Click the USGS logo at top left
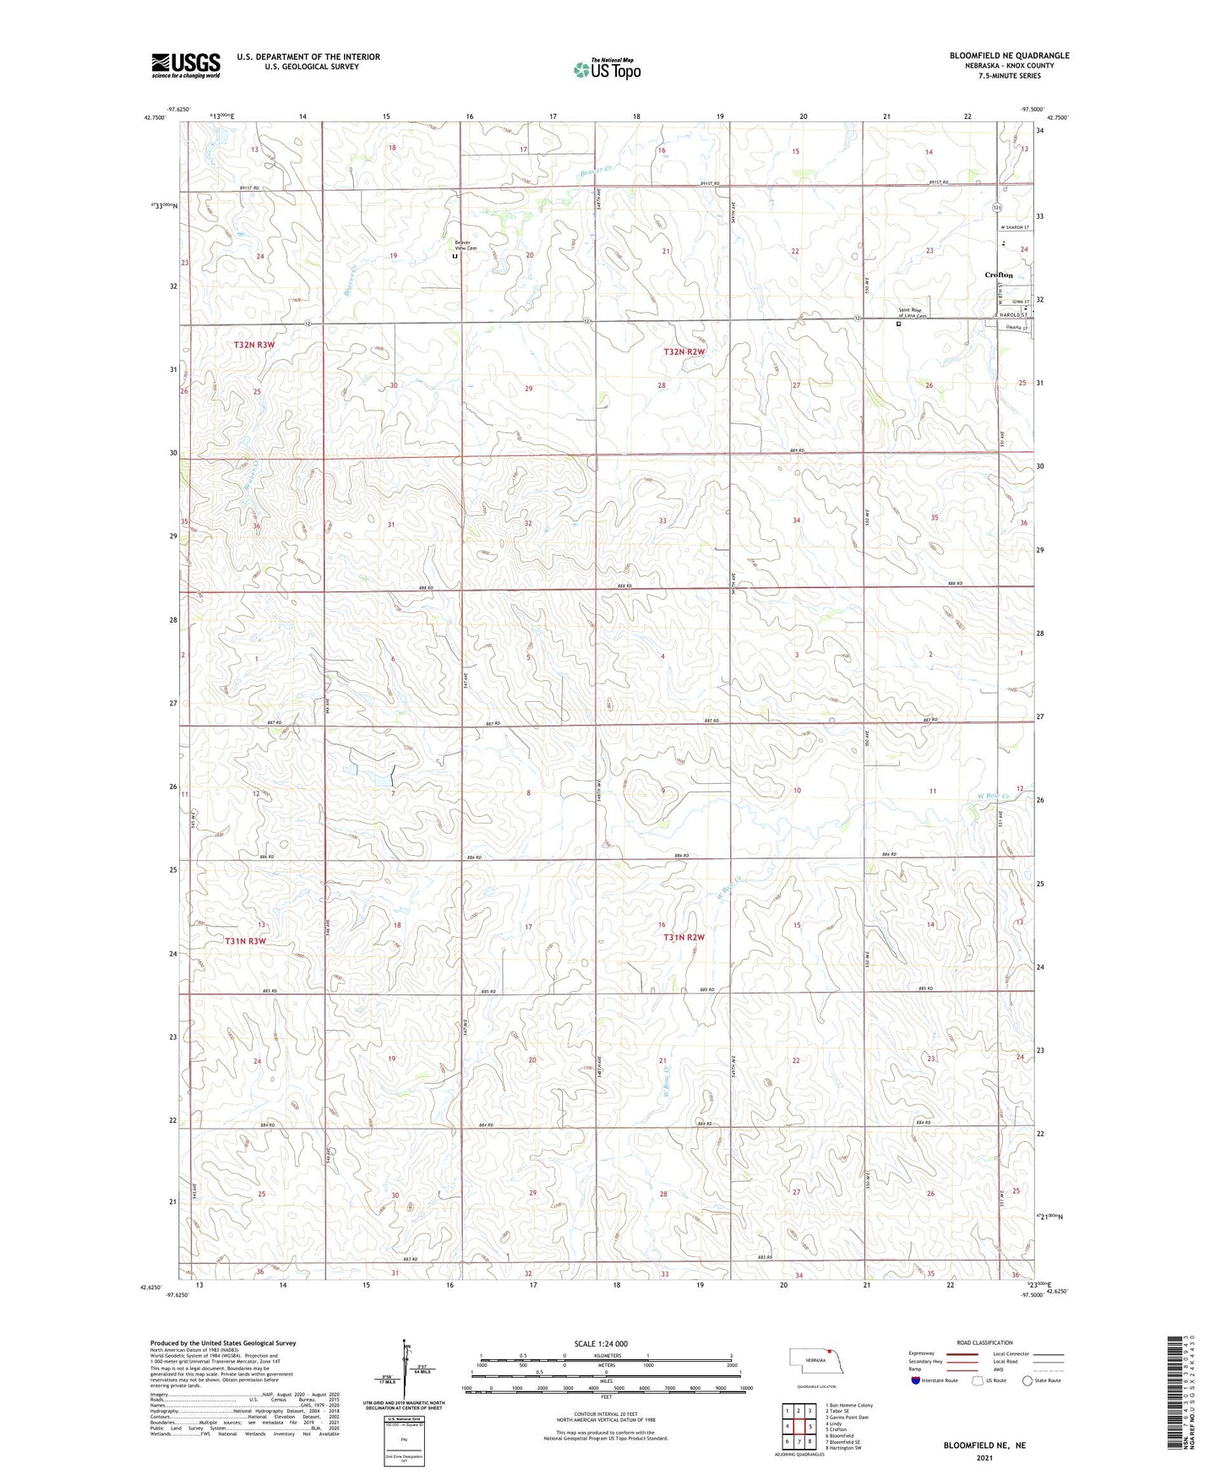click(x=185, y=65)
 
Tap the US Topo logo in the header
click(x=606, y=69)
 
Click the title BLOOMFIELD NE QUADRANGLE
click(x=1009, y=56)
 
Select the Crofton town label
click(x=998, y=275)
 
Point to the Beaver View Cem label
click(x=466, y=246)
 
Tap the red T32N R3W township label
click(x=254, y=345)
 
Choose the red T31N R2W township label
click(x=684, y=938)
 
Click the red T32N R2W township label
click(x=684, y=351)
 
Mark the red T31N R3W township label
click(x=245, y=941)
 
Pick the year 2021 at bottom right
click(x=984, y=1458)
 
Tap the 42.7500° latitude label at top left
click(x=154, y=117)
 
